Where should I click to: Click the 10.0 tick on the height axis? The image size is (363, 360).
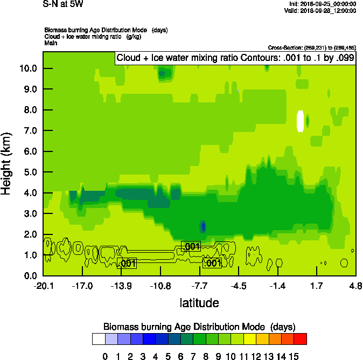pyautogui.click(x=29, y=68)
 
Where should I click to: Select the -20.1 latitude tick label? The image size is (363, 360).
pyautogui.click(x=43, y=285)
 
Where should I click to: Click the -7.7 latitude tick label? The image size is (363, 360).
pyautogui.click(x=200, y=285)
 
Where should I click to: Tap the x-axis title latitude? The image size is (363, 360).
pyautogui.click(x=199, y=303)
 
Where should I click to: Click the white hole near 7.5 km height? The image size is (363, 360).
pyautogui.click(x=300, y=121)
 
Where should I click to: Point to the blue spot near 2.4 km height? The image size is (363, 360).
pyautogui.click(x=203, y=226)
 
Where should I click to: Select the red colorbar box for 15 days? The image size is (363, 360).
pyautogui.click(x=301, y=338)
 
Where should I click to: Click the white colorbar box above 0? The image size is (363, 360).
pyautogui.click(x=98, y=338)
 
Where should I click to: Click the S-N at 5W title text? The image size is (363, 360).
pyautogui.click(x=63, y=4)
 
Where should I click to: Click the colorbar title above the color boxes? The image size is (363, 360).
pyautogui.click(x=199, y=327)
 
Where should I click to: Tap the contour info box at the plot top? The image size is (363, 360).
pyautogui.click(x=235, y=58)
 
